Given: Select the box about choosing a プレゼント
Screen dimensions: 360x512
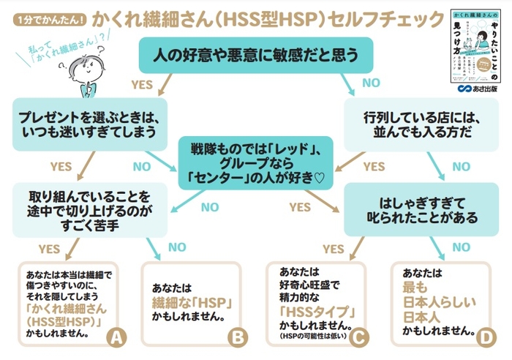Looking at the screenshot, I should pos(86,122).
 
